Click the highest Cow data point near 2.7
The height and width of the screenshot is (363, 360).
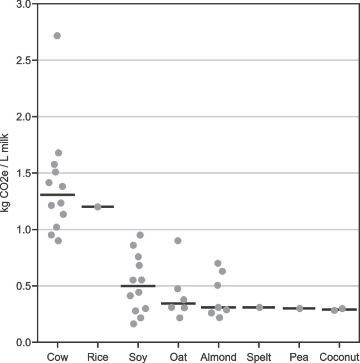[x=57, y=36]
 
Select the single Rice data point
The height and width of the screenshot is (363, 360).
[x=98, y=207]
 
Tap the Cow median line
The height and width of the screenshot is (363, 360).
[x=57, y=195]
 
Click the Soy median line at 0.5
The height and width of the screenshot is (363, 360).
[x=138, y=286]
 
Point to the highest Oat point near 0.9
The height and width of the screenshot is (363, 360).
[x=178, y=241]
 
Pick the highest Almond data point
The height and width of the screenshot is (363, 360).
[x=218, y=263]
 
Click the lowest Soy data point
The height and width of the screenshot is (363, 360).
[x=134, y=324]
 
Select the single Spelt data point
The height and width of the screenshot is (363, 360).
[x=259, y=307]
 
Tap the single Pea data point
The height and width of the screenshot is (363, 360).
[x=300, y=308]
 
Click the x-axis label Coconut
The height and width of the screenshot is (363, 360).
[x=339, y=356]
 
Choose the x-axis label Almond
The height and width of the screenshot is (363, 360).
[x=218, y=356]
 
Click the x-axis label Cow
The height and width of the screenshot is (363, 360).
[x=57, y=356]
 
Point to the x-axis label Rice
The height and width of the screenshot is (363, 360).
[x=98, y=356]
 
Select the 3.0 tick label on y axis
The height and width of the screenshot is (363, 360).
[x=23, y=4]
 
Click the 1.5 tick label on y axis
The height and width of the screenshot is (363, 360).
[x=23, y=173]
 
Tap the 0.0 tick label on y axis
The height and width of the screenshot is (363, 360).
[x=23, y=342]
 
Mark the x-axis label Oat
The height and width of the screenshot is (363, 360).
[x=178, y=356]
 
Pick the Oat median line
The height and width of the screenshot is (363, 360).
[x=178, y=303]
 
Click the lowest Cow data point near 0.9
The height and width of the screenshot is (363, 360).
[x=58, y=241]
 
